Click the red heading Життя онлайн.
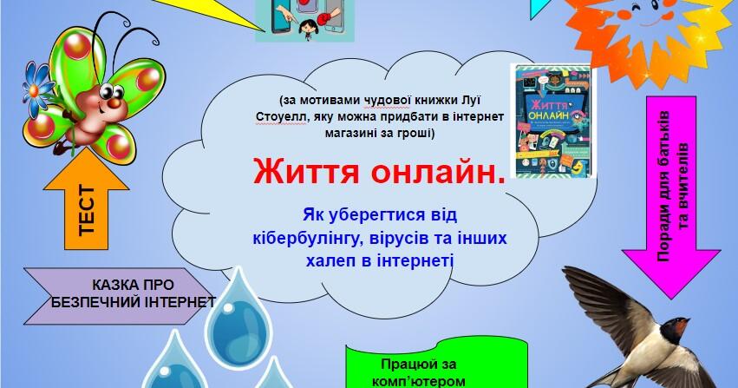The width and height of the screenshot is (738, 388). click(379, 171)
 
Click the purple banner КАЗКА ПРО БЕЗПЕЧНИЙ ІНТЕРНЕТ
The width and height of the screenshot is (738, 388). click(120, 296)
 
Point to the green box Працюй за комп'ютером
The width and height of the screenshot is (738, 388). click(436, 365)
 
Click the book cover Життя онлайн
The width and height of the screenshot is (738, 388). click(553, 122)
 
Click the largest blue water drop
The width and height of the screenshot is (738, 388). click(238, 318)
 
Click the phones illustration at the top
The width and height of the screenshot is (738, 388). click(304, 20)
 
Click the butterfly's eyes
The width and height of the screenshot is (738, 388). click(112, 90)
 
